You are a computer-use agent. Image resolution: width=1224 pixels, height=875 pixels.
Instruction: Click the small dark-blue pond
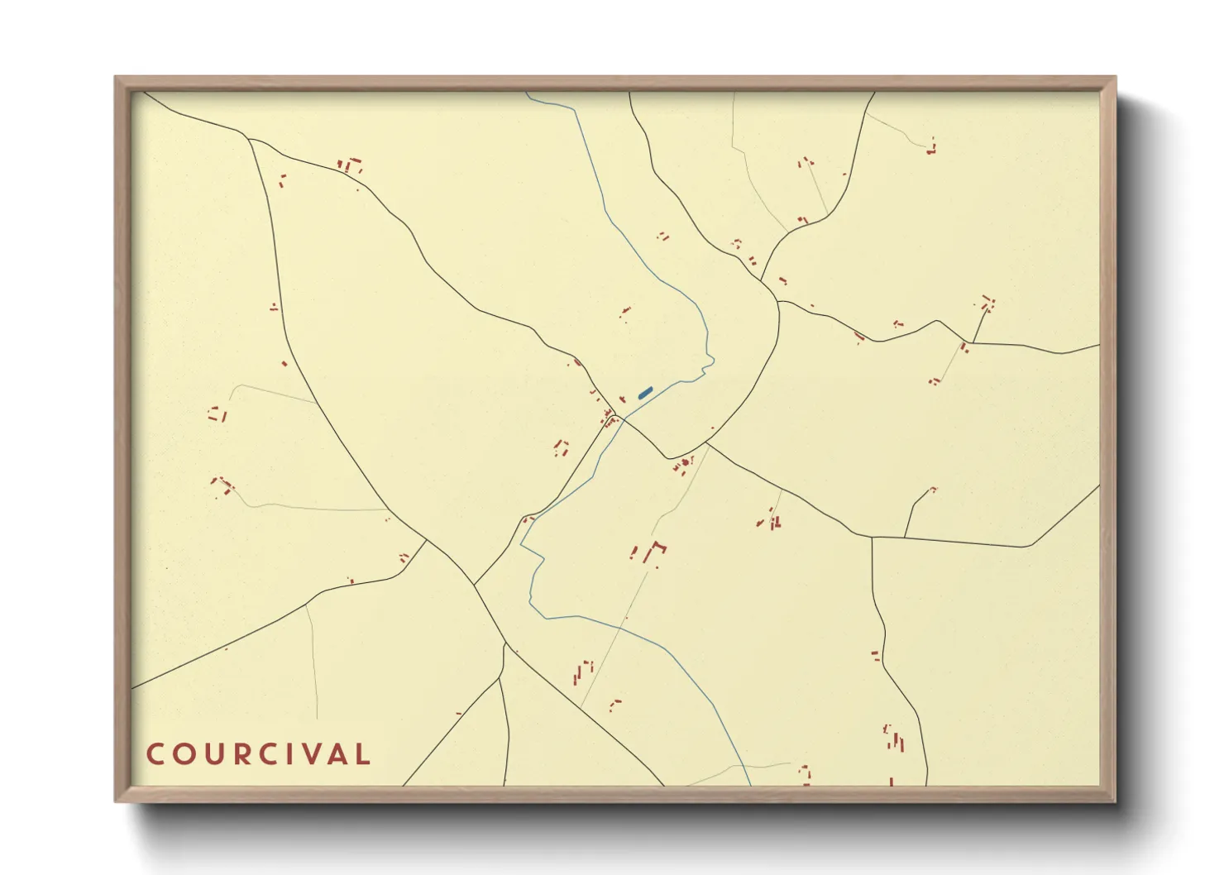click(x=645, y=393)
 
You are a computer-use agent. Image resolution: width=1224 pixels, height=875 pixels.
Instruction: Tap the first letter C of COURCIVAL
click(x=155, y=754)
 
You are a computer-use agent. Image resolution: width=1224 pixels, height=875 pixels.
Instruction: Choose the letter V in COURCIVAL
click(x=308, y=754)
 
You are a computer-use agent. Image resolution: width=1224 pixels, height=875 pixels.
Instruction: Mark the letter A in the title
click(x=335, y=754)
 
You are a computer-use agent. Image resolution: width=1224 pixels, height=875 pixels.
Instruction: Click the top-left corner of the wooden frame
click(x=116, y=77)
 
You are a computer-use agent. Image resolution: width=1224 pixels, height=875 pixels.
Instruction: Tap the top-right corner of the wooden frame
click(x=1115, y=77)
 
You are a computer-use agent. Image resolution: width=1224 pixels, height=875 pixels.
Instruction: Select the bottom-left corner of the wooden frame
click(x=116, y=801)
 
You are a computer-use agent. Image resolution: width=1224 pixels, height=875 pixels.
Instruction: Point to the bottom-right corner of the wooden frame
click(x=1115, y=801)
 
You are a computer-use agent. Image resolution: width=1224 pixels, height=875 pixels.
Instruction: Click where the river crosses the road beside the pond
click(x=623, y=418)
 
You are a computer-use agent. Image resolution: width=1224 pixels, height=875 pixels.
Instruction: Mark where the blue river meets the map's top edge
click(x=527, y=93)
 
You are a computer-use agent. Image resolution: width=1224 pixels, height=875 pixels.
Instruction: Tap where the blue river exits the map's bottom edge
click(x=750, y=785)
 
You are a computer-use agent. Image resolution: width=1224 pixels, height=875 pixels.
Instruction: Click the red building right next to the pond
click(x=622, y=399)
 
